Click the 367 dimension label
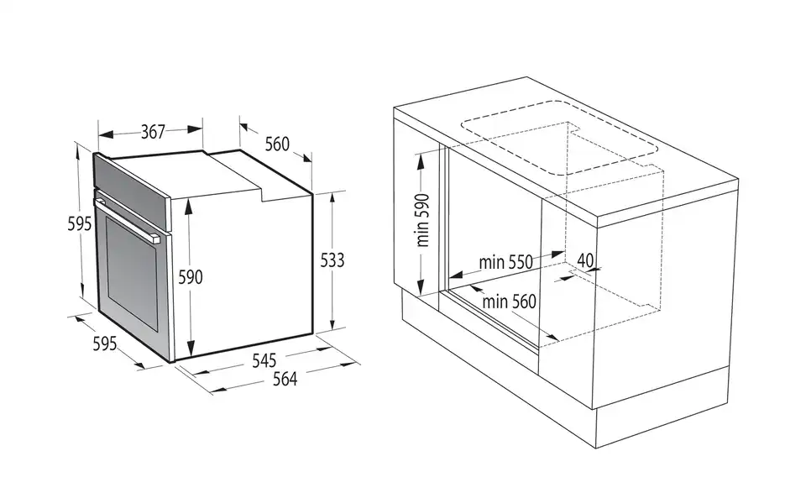152,132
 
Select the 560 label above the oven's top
277,144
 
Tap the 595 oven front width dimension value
104,344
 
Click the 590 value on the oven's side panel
190,277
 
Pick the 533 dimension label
332,260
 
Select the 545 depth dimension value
264,360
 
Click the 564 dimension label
285,379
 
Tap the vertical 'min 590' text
422,219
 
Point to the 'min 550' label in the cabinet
506,262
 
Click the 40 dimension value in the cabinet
585,260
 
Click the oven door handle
126,221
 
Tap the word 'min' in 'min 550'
491,262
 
